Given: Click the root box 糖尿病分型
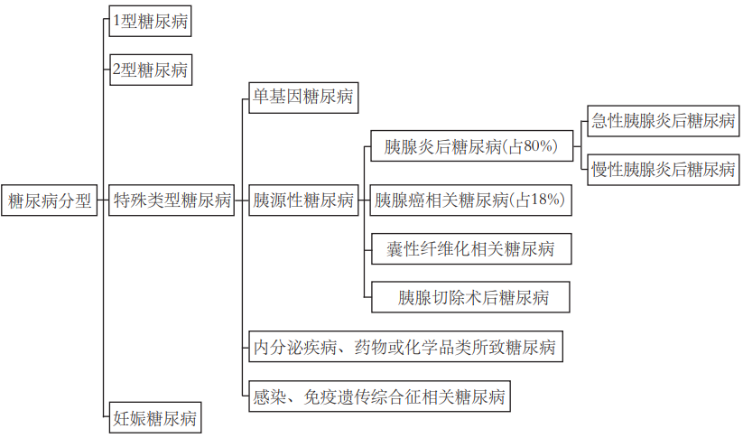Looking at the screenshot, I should (50, 200).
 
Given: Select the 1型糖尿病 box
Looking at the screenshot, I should (150, 22).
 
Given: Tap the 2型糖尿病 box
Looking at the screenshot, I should (150, 70).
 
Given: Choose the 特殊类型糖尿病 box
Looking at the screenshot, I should (171, 200).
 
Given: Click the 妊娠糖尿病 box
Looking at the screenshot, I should (153, 418).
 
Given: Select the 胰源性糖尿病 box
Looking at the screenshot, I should (302, 200).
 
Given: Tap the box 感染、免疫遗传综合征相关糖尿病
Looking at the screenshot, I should (378, 396).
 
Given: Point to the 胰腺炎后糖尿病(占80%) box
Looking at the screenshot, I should (471, 145).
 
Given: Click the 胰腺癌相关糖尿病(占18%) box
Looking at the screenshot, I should (470, 200).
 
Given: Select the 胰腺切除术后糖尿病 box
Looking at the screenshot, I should (470, 297).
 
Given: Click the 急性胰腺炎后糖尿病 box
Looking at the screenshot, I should (663, 121).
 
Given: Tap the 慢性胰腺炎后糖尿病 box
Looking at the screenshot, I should (663, 169).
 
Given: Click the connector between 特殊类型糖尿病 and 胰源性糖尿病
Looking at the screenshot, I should (240, 200).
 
